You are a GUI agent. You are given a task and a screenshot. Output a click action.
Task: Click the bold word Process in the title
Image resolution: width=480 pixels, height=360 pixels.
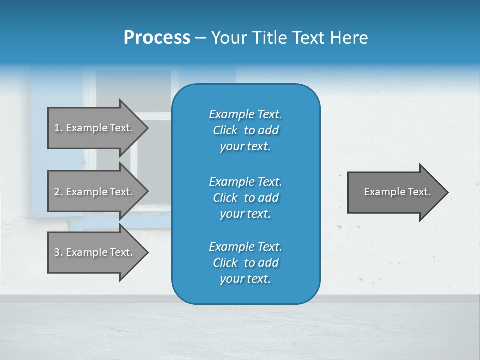(157, 38)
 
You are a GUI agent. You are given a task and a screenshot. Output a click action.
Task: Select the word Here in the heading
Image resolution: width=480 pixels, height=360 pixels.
(349, 38)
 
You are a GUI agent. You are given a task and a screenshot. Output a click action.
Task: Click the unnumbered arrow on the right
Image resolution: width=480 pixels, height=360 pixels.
(395, 192)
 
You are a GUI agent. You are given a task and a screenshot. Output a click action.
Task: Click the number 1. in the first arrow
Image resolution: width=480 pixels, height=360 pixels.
(58, 128)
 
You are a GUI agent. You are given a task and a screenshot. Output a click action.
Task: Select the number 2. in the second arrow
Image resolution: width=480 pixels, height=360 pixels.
(58, 192)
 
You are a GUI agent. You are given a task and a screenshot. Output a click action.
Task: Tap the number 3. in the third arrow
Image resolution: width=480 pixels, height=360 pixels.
(58, 252)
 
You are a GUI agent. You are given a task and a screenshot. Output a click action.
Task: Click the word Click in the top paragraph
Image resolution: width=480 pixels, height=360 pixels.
(225, 130)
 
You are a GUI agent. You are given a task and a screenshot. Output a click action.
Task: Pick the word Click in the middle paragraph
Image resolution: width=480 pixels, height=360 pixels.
(225, 198)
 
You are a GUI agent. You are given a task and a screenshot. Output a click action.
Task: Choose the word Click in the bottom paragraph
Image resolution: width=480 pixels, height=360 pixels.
(225, 263)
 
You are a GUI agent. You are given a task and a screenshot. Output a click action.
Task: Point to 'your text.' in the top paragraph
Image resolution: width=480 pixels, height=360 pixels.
(245, 146)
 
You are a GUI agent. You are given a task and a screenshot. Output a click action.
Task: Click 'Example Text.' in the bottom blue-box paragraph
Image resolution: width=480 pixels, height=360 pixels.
(245, 247)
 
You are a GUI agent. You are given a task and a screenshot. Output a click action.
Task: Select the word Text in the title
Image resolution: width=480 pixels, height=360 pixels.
(308, 38)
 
